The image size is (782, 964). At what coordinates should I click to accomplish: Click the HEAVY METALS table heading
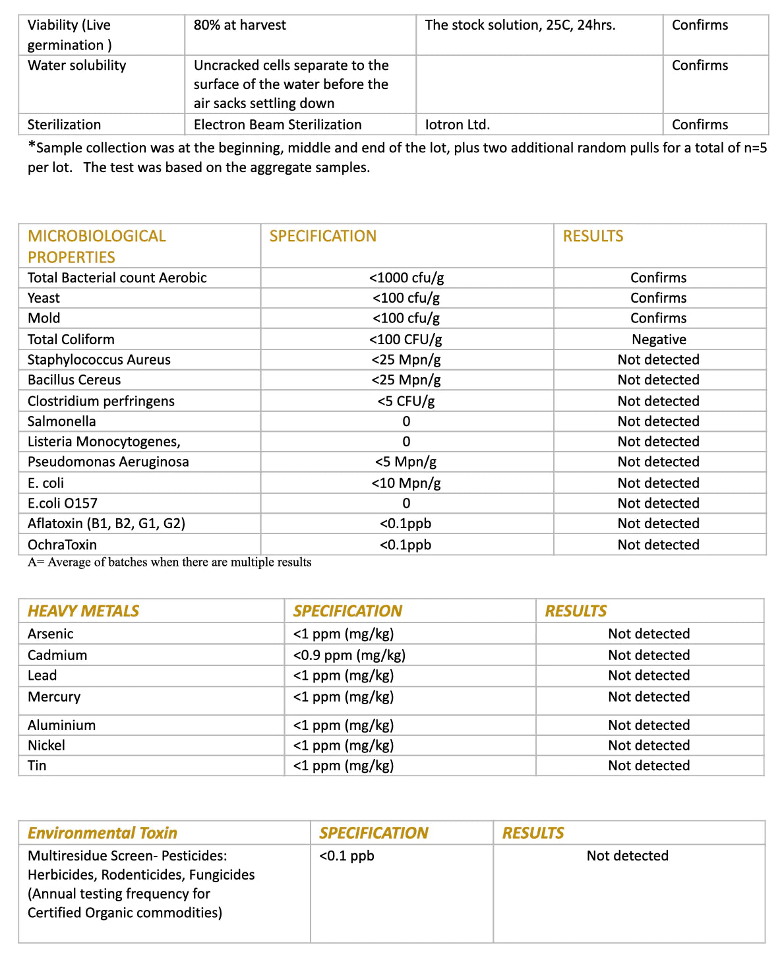(x=83, y=611)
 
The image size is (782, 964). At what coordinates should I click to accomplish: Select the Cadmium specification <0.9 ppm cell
(x=349, y=655)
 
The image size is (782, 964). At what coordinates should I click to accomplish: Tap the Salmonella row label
(x=61, y=421)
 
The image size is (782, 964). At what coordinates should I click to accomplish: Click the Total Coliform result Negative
(x=659, y=340)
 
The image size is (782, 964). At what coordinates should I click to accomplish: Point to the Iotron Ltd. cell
(x=457, y=125)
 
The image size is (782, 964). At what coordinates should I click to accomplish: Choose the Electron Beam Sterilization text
(x=278, y=125)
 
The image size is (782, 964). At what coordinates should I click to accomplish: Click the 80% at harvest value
(x=240, y=25)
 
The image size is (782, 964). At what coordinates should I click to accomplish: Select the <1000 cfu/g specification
(x=406, y=278)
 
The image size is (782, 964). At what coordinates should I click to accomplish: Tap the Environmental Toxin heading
(x=102, y=833)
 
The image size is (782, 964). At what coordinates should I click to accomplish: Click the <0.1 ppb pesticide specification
(x=347, y=856)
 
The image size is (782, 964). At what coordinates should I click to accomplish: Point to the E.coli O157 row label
(x=63, y=503)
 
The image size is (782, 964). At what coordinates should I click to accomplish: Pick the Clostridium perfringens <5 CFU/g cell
(x=406, y=401)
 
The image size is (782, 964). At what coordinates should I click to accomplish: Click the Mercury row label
(x=54, y=697)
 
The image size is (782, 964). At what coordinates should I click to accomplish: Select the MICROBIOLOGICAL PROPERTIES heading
(x=96, y=246)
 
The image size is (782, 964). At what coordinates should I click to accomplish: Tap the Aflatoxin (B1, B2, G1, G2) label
(x=106, y=524)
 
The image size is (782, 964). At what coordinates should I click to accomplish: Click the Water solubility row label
(x=76, y=65)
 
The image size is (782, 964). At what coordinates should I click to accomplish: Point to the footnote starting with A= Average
(x=169, y=562)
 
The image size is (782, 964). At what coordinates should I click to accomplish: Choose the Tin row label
(x=37, y=766)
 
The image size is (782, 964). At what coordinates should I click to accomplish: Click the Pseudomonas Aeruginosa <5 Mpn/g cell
(x=406, y=462)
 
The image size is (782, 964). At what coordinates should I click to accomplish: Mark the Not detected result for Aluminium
(x=649, y=725)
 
